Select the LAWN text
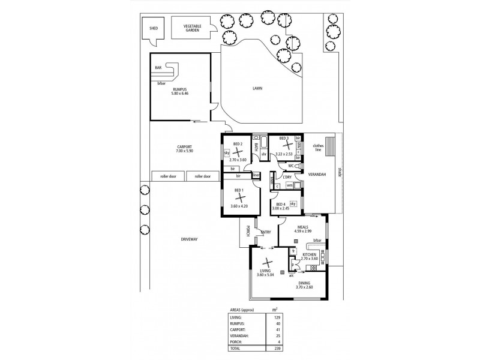[257, 88]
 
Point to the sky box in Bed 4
[293, 205]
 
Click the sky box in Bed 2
[227, 154]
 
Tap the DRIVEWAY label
[189, 239]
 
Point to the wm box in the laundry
[289, 185]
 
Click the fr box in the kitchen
[293, 253]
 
